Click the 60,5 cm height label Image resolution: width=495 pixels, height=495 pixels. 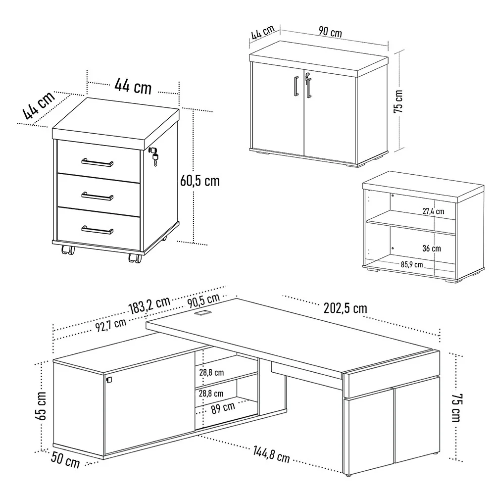tap(200, 181)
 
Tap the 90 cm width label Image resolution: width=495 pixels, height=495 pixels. tap(330, 32)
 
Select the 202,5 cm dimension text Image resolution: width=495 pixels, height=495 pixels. tap(345, 308)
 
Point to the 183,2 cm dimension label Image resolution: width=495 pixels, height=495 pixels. tap(149, 306)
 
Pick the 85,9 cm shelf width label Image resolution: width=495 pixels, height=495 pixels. tap(412, 264)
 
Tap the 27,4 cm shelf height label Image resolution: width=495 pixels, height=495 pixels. tap(433, 211)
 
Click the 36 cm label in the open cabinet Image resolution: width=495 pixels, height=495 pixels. tap(432, 248)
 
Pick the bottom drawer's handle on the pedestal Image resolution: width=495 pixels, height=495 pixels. tap(98, 230)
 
